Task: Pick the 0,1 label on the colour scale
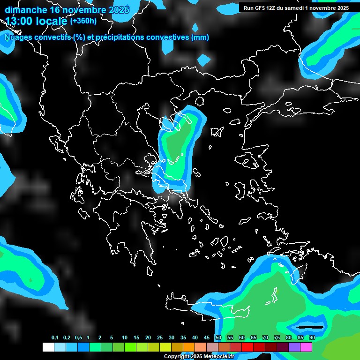tap(55, 338)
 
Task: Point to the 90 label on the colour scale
tap(312, 338)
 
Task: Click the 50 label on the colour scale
tap(218, 338)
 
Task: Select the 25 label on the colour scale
tap(160, 338)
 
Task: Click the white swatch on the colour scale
tap(48, 347)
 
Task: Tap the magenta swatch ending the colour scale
tap(306, 347)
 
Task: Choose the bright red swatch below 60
tap(247, 347)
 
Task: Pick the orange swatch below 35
tap(189, 347)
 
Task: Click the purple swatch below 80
tap(294, 347)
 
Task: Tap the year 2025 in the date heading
tap(119, 10)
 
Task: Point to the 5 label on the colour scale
tap(112, 338)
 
